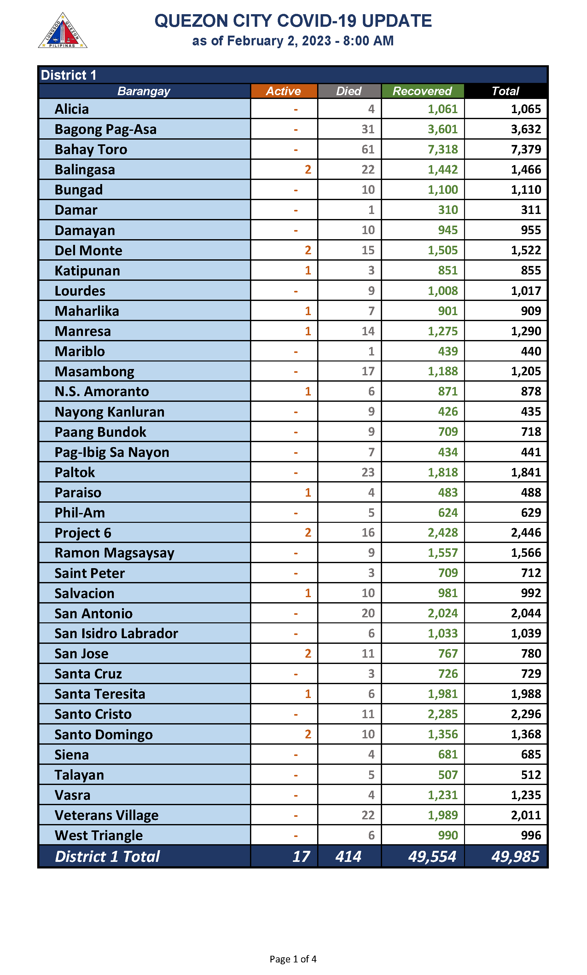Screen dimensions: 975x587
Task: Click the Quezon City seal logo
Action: click(x=62, y=31)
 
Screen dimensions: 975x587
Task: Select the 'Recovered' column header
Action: click(x=422, y=91)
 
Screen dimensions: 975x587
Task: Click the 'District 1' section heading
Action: click(x=68, y=75)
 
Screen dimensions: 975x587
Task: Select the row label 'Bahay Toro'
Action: click(x=91, y=149)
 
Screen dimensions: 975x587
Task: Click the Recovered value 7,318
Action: click(x=442, y=149)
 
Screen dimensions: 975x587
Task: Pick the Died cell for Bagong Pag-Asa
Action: click(x=368, y=129)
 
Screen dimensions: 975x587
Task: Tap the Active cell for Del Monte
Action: click(x=308, y=250)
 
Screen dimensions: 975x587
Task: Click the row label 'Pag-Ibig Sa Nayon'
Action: click(x=112, y=452)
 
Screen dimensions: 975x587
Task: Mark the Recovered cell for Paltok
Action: click(x=442, y=472)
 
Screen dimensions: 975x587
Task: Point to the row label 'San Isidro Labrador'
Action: click(x=116, y=633)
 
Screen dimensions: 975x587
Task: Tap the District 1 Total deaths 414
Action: click(x=348, y=857)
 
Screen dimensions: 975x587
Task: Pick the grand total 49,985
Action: click(x=515, y=857)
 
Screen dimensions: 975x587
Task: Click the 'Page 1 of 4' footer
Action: click(x=293, y=959)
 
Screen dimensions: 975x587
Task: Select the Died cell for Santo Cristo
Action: click(x=368, y=714)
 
